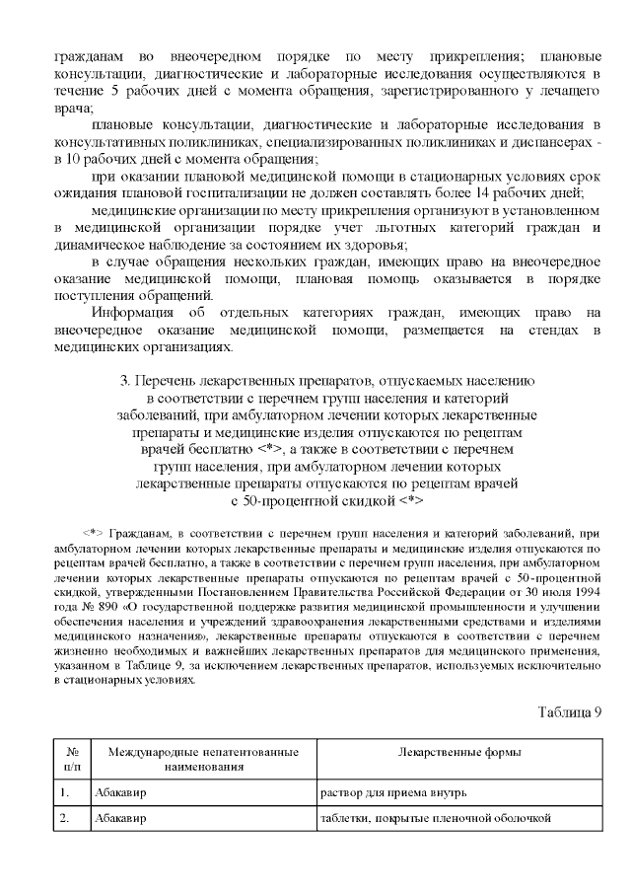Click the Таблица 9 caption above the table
tap(569, 712)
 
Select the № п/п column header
tap(71, 758)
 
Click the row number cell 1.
tap(65, 792)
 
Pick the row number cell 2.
tap(65, 818)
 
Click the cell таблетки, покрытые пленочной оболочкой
tap(435, 818)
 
